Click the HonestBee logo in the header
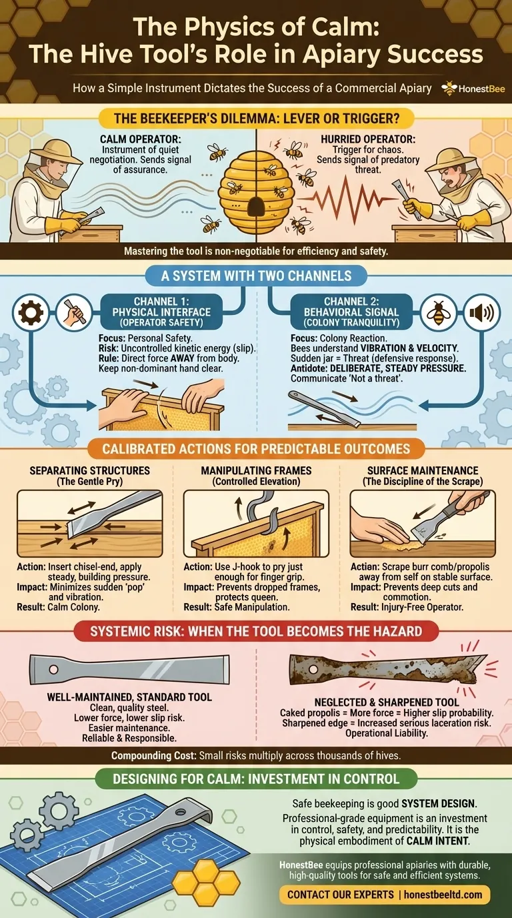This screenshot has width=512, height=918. click(473, 88)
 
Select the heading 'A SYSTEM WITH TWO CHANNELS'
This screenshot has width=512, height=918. click(256, 276)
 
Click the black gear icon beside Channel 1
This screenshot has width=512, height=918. click(31, 313)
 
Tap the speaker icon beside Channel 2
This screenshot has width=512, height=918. click(482, 313)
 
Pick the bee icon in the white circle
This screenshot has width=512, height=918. click(439, 313)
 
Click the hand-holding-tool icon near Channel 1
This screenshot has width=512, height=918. click(74, 313)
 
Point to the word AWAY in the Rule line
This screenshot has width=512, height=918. click(183, 358)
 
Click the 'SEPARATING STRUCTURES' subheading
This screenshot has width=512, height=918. click(90, 470)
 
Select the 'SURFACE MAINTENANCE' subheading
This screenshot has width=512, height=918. click(423, 470)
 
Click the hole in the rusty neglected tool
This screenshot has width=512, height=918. click(313, 669)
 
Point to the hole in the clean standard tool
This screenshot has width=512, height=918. click(53, 670)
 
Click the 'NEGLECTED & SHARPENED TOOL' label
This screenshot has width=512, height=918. click(387, 702)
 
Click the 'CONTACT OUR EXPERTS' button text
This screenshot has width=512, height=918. click(341, 894)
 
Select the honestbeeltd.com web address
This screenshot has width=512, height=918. click(443, 894)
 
